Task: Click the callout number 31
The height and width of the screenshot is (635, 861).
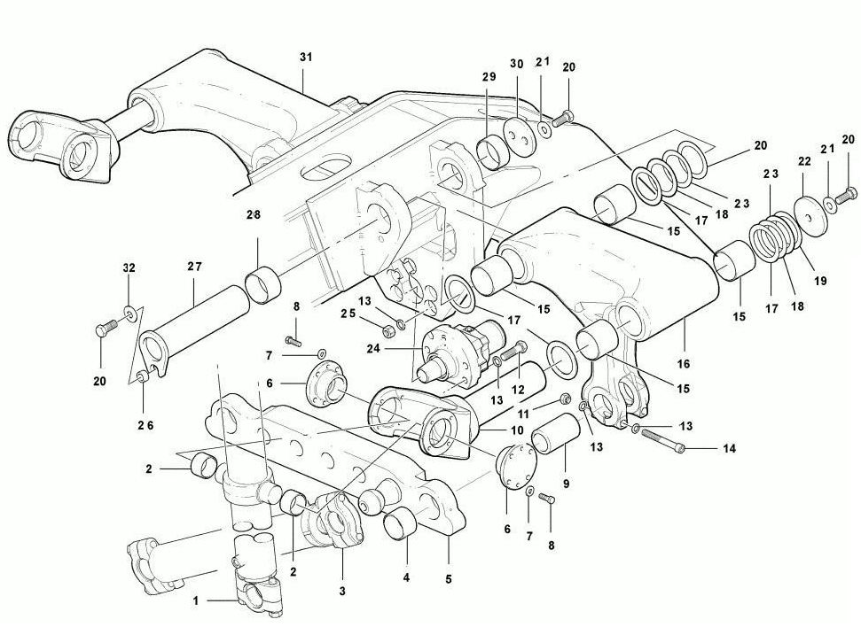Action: coord(306,57)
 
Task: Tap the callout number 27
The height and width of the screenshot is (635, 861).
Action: coord(194,267)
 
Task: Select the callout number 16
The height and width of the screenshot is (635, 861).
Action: coord(683,364)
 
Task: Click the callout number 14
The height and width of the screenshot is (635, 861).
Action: coord(729,448)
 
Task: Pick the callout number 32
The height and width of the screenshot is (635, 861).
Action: coord(129,268)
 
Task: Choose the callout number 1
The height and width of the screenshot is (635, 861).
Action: coord(195,601)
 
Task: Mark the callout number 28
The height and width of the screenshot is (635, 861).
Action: coord(253,214)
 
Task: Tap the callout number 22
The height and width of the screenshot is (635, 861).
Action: coord(804,161)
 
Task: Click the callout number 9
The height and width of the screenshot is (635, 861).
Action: coord(566,484)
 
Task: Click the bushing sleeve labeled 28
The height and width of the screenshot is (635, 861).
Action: coord(262,284)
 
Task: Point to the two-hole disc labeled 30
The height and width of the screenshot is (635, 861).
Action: coord(520,136)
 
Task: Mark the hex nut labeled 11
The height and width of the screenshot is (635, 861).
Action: coord(565,399)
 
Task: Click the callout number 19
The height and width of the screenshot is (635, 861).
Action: coord(820,281)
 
